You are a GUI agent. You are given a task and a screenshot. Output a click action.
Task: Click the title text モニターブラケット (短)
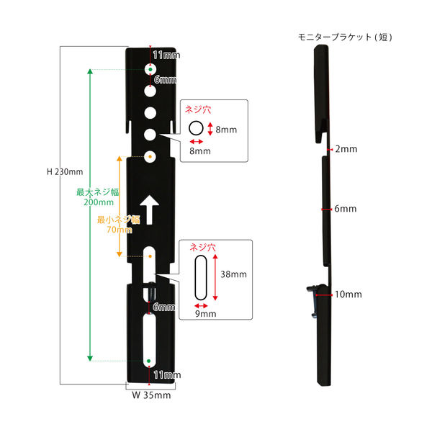click(345, 37)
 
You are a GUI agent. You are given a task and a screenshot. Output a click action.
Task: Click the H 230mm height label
click(65, 172)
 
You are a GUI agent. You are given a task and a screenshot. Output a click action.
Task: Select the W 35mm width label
click(151, 395)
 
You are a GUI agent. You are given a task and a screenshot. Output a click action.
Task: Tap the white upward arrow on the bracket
click(149, 210)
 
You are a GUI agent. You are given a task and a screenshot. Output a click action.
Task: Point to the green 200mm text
click(99, 202)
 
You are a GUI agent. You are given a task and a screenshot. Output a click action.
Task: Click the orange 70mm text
click(120, 230)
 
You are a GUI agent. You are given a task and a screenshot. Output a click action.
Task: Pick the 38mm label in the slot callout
click(233, 274)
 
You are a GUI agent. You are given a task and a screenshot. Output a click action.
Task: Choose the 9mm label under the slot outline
click(205, 314)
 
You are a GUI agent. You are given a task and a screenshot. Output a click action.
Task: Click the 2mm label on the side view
click(346, 149)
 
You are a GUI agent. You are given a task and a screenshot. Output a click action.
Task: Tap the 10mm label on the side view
click(348, 294)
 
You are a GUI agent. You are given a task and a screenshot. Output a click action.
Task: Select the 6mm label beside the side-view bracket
click(346, 209)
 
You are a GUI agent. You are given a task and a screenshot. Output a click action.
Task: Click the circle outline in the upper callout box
click(196, 128)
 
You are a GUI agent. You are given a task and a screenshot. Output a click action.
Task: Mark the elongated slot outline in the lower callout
click(201, 278)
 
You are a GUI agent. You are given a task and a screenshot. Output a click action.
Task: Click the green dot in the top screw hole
click(150, 69)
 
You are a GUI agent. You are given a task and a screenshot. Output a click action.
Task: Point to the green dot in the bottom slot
click(149, 361)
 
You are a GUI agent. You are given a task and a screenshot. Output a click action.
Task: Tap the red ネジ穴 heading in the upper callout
click(198, 109)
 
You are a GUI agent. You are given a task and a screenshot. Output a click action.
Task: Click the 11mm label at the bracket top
click(166, 55)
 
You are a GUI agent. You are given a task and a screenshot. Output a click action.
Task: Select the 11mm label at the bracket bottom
click(167, 374)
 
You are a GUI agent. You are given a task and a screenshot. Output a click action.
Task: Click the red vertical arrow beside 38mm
click(215, 277)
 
